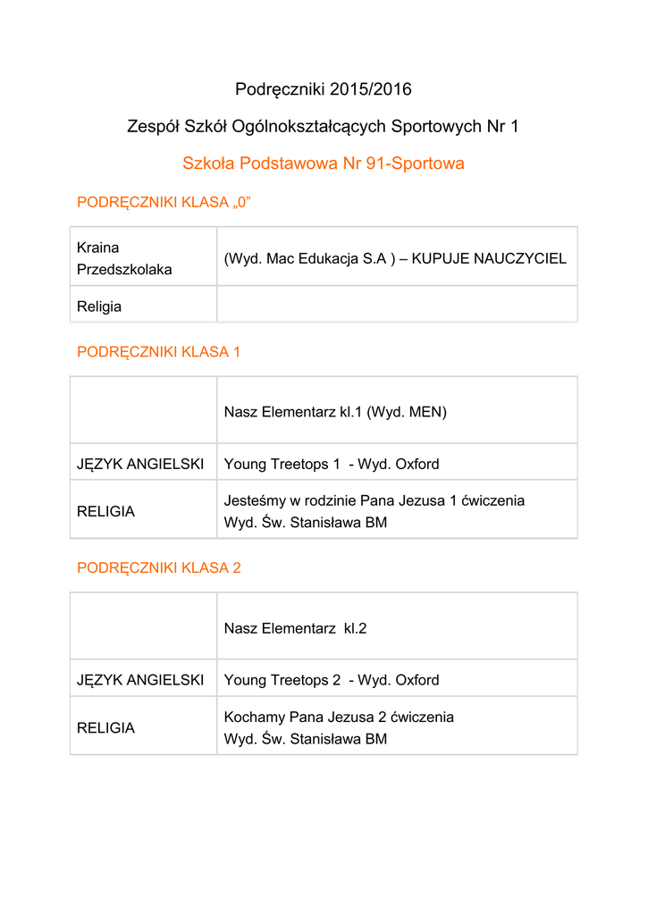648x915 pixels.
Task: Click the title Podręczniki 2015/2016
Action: pos(324,89)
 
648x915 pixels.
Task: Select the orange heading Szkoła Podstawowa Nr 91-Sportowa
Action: pos(324,164)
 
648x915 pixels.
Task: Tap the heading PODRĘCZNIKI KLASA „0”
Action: pos(164,203)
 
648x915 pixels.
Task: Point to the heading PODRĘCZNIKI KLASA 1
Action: pos(159,352)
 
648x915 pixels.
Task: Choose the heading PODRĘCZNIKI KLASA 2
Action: pos(159,567)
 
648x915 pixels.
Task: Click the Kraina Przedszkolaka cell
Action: pos(124,258)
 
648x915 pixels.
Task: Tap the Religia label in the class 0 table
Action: pos(99,306)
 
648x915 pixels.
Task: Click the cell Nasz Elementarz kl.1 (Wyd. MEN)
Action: pos(335,412)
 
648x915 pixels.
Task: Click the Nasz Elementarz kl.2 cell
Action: pos(295,628)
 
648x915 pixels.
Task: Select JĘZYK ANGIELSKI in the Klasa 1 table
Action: pos(140,465)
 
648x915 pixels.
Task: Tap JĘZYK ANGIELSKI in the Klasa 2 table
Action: pos(140,680)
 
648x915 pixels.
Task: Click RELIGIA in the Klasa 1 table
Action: pos(106,512)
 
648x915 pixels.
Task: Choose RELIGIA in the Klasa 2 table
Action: pos(106,728)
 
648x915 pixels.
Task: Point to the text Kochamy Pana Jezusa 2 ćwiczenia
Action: pos(339,717)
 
